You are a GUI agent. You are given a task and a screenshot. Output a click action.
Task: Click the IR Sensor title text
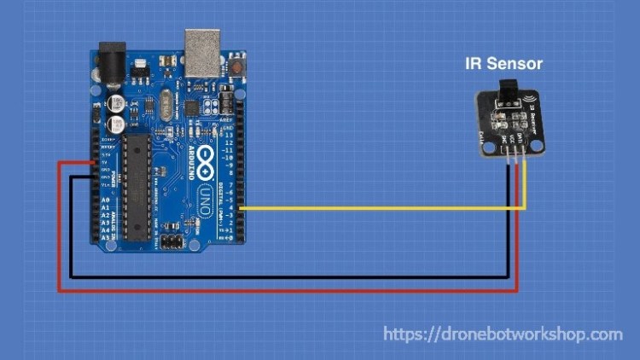503,63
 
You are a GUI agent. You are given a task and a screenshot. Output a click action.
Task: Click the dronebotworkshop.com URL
503,334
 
